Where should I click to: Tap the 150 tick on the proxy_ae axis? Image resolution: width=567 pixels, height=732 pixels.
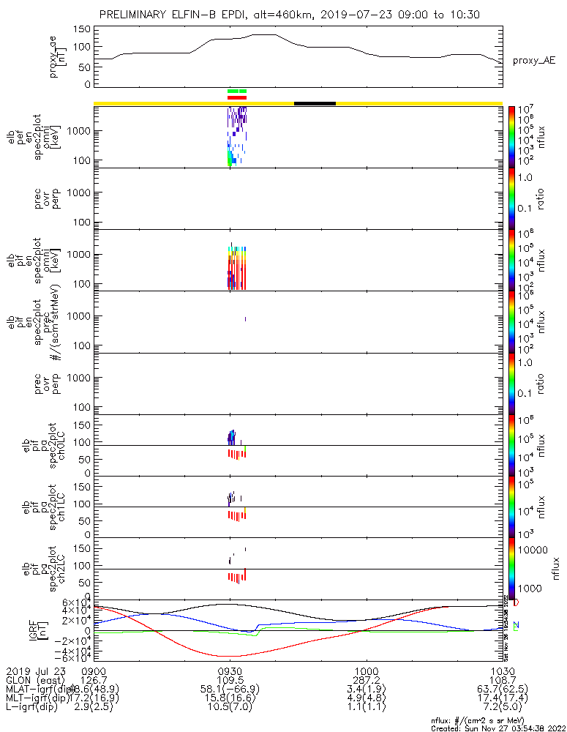82,29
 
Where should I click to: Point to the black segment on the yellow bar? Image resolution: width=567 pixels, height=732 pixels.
315,103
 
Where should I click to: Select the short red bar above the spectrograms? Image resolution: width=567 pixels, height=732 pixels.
237,97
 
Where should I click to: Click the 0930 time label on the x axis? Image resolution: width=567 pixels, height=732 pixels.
230,670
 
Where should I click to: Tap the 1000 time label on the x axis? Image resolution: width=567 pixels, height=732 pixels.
366,670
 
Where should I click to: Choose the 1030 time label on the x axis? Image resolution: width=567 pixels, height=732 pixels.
502,670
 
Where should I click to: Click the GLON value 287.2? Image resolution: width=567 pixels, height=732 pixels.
366,679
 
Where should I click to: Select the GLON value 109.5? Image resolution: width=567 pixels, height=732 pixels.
230,679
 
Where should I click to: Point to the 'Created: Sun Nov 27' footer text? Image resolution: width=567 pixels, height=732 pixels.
497,728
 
